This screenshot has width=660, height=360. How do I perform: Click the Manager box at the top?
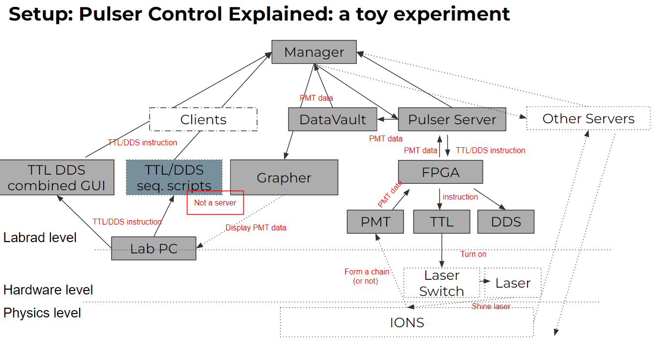pos(314,52)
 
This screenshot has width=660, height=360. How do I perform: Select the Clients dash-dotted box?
pos(203,119)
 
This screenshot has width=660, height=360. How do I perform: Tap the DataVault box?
pos(332,119)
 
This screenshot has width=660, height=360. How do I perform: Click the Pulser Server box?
pos(452,119)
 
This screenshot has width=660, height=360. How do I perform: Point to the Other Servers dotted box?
pos(588,118)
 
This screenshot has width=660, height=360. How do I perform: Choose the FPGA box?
pos(440,172)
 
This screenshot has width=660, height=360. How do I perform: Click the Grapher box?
pos(284,177)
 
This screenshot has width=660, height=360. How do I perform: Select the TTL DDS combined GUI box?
pos(57,177)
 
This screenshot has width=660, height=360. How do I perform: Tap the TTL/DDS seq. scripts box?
pos(174,177)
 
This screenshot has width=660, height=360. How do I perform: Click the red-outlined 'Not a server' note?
pos(215,202)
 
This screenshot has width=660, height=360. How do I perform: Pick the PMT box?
pos(375,222)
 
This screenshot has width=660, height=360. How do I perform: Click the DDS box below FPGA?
pos(506,222)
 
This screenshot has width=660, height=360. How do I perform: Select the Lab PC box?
pos(154,248)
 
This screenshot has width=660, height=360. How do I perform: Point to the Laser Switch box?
pos(441,283)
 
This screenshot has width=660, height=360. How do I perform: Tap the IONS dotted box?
pos(406,322)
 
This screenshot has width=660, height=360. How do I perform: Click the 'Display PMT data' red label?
pos(256,227)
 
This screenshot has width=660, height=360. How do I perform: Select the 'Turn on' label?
pos(473,254)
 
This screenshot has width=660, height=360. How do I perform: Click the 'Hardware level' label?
pos(48,290)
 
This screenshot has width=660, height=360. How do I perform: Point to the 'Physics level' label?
pos(42,313)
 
